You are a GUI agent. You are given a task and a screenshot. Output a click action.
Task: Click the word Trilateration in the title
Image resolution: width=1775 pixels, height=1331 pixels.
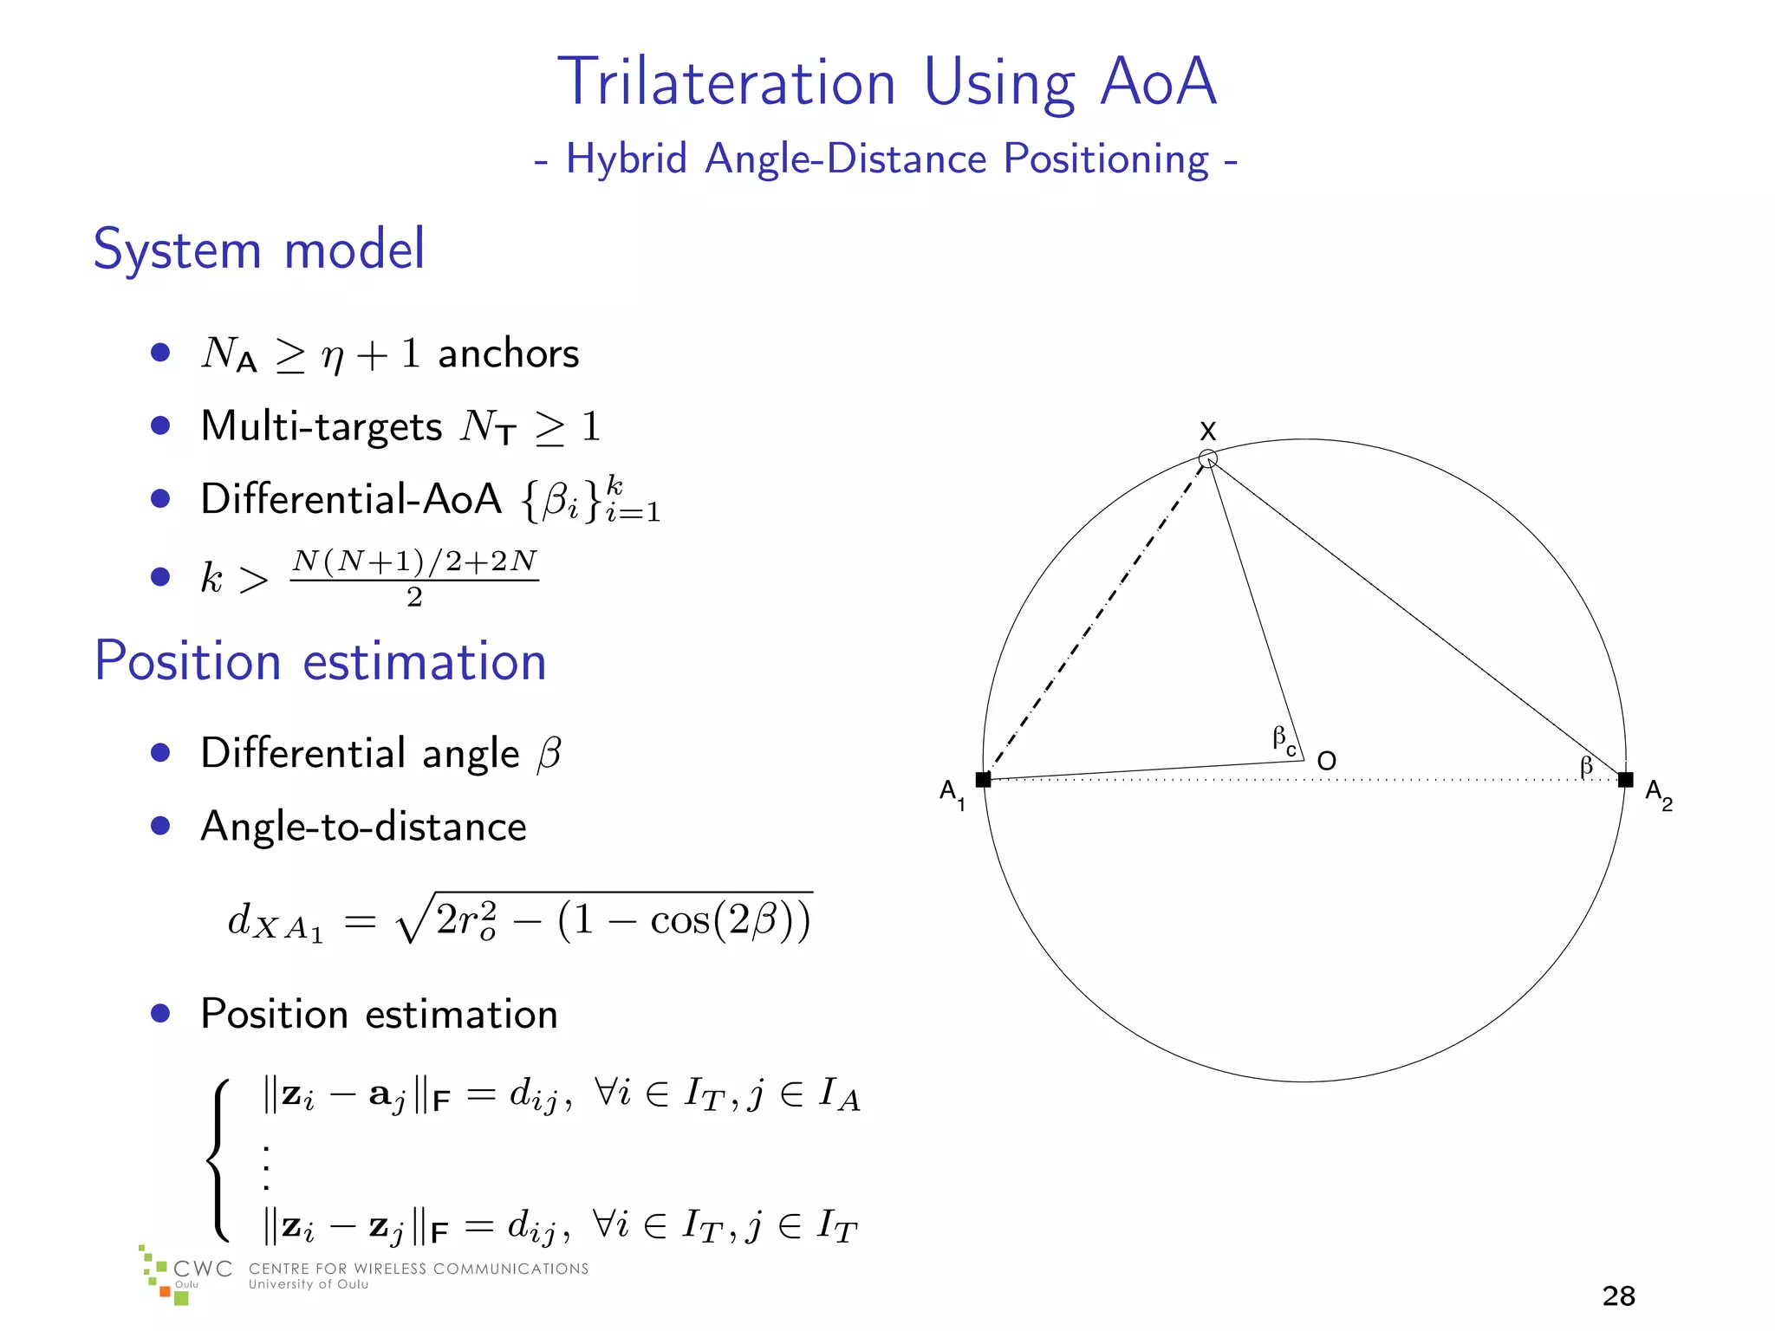(726, 82)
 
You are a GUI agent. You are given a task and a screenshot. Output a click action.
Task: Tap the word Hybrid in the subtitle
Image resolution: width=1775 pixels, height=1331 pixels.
(626, 159)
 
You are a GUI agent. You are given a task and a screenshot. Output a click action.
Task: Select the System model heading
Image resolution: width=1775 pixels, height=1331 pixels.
(258, 250)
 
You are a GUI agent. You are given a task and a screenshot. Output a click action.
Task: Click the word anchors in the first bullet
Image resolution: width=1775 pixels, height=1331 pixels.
(508, 354)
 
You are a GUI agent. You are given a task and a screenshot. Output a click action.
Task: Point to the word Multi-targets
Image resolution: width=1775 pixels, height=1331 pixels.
(321, 427)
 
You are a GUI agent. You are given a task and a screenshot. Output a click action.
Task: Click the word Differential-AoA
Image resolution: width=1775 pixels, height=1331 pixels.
(350, 499)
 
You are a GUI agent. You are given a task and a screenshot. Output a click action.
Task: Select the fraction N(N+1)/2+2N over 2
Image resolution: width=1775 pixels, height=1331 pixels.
(414, 577)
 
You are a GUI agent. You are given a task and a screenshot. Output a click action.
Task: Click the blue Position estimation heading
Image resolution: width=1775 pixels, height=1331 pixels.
(320, 661)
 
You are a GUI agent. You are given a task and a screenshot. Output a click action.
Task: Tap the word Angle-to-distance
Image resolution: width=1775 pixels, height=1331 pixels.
(363, 827)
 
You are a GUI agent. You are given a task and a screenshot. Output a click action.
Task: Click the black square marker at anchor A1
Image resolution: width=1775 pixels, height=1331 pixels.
(983, 780)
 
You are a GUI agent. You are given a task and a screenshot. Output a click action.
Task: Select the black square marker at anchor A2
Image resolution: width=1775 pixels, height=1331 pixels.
(1626, 780)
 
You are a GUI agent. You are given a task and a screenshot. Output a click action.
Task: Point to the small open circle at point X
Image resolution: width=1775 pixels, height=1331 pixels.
(1207, 458)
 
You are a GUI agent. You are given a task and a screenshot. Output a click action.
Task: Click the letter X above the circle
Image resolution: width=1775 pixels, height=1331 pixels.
(1207, 431)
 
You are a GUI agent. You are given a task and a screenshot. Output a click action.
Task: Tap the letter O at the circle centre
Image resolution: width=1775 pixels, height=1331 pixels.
(1326, 761)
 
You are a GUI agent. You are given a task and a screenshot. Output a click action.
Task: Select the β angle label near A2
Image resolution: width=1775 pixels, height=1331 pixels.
(1586, 765)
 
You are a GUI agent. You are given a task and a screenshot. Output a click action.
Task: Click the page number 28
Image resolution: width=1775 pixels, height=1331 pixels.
(1618, 1295)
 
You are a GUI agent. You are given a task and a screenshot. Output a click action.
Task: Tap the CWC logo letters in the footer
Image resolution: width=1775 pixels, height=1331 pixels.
(202, 1269)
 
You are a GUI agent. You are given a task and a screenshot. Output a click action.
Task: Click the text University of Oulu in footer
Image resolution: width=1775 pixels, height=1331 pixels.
(309, 1285)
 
